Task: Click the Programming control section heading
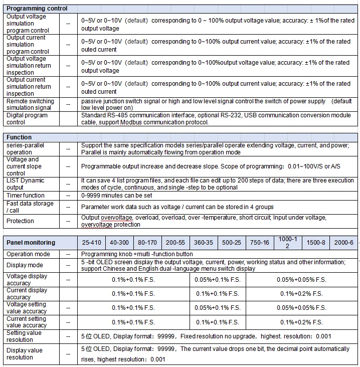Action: [37, 9]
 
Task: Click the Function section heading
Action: [19, 137]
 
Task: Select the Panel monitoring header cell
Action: [31, 243]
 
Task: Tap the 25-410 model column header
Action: [91, 243]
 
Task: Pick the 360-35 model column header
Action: [204, 243]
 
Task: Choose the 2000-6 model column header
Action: [344, 243]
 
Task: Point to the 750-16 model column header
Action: [260, 243]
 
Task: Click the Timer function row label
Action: [26, 196]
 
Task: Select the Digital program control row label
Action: [27, 119]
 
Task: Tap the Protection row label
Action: [21, 221]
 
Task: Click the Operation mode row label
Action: [28, 254]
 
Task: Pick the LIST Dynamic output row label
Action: [26, 184]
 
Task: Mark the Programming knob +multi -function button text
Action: [137, 254]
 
